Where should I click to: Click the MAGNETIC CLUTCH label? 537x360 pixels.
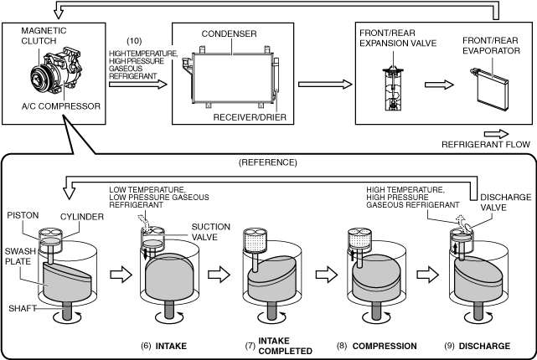click(44, 36)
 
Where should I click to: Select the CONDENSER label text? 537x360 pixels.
click(229, 33)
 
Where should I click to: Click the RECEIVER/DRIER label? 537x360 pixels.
click(250, 117)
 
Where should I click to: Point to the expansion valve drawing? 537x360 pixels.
click(393, 88)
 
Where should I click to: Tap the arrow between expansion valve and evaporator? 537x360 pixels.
click(439, 85)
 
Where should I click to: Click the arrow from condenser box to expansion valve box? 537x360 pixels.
click(325, 85)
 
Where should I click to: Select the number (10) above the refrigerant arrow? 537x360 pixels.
click(134, 41)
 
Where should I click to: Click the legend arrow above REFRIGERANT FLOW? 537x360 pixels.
click(496, 134)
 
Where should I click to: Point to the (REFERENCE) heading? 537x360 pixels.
click(268, 162)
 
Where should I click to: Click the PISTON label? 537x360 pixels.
click(23, 216)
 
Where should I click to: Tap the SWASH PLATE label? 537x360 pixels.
click(20, 256)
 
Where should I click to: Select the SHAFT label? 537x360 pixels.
click(23, 308)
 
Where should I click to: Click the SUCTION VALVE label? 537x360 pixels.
click(210, 232)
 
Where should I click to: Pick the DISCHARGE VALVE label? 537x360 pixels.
click(505, 203)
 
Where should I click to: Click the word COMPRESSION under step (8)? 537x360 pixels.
click(385, 346)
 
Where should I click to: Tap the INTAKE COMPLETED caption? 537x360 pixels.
click(286, 346)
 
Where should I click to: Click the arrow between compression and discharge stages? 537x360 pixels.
click(428, 274)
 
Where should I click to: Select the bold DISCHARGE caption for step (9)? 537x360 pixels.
click(484, 346)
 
